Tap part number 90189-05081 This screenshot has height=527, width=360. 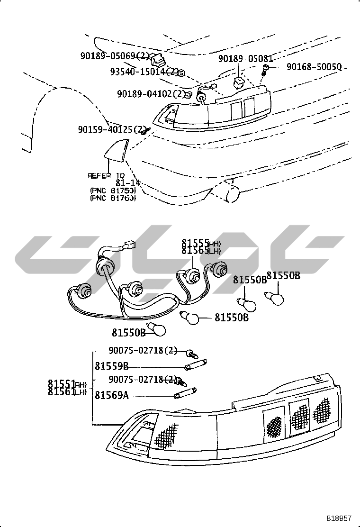245,59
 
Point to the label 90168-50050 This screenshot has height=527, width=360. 314,67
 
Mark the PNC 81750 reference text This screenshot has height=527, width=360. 113,191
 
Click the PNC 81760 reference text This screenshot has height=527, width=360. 113,198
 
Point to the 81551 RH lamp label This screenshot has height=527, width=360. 67,384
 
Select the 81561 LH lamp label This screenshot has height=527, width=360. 67,391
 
